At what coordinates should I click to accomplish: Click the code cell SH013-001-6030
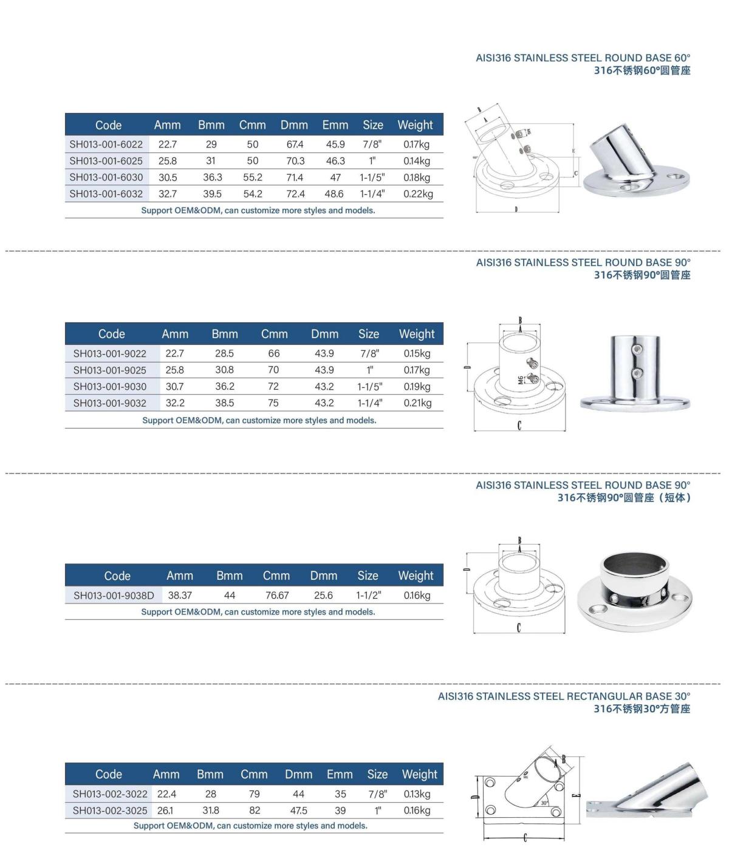point(106,177)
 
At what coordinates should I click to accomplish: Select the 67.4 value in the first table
point(295,144)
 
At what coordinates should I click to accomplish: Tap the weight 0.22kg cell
point(418,194)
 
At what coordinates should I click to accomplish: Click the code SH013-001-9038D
point(114,596)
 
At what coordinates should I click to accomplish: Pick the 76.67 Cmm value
point(277,596)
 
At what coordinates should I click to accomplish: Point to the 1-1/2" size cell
point(368,596)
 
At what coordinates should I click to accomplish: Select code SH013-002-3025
point(110,811)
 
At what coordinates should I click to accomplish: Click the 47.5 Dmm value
point(298,811)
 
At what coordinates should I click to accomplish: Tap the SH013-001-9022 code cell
point(110,353)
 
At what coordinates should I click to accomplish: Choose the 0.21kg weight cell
point(417,403)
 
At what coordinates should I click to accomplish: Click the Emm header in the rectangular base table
point(340,774)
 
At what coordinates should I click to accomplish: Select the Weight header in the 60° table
point(416,125)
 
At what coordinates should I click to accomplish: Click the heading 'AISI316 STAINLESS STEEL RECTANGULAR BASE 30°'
point(564,696)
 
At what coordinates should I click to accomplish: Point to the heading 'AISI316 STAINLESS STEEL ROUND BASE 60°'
point(583,58)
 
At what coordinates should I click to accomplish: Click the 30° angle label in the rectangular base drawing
point(544,803)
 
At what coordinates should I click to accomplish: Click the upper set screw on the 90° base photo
point(636,349)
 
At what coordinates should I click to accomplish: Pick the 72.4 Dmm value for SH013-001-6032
point(295,194)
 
